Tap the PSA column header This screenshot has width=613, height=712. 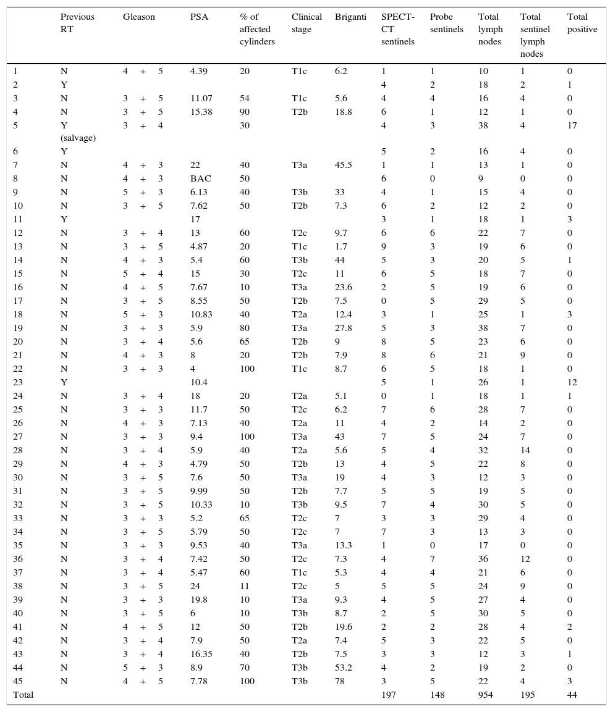199,17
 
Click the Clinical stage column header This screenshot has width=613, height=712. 306,23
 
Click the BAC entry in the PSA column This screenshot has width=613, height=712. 201,178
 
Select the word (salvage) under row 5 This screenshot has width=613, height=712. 78,138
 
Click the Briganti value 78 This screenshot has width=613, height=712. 340,681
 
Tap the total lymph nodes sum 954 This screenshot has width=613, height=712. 486,695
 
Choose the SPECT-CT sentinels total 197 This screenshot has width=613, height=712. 389,695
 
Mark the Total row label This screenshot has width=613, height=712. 23,695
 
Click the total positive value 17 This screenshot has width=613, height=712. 572,125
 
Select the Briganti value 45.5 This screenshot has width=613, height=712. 345,165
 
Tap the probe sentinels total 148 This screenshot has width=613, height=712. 438,695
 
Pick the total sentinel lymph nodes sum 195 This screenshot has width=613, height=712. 528,695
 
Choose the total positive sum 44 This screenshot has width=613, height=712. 572,695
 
